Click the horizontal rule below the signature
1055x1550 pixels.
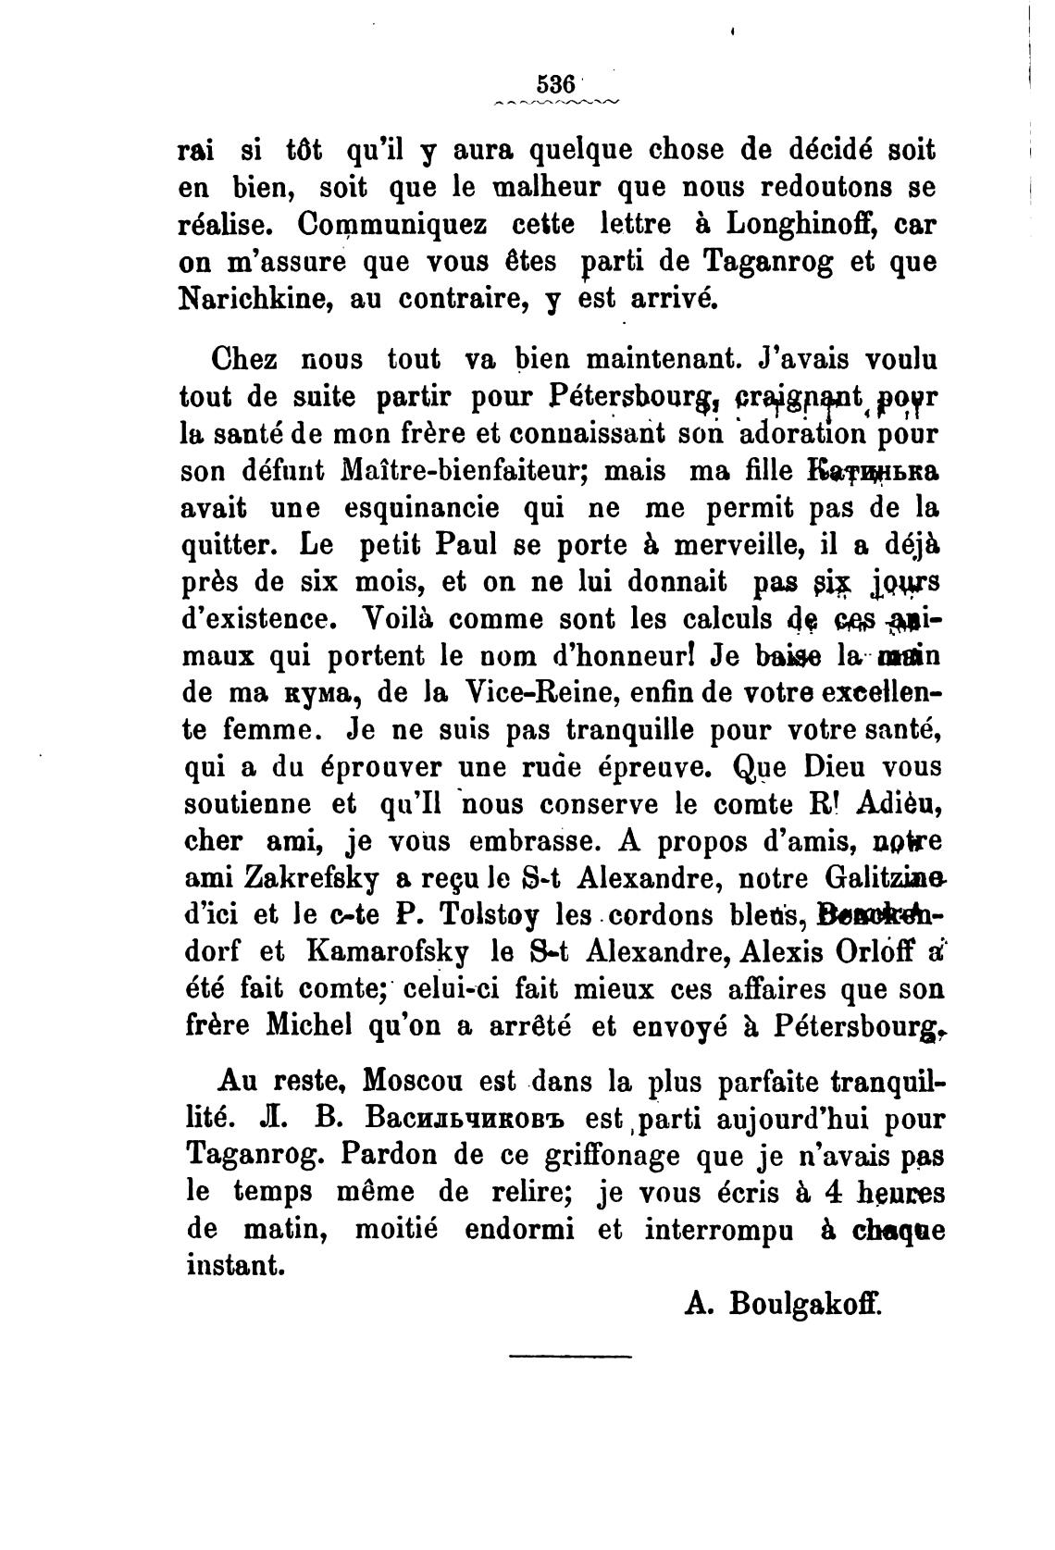pos(569,1358)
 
